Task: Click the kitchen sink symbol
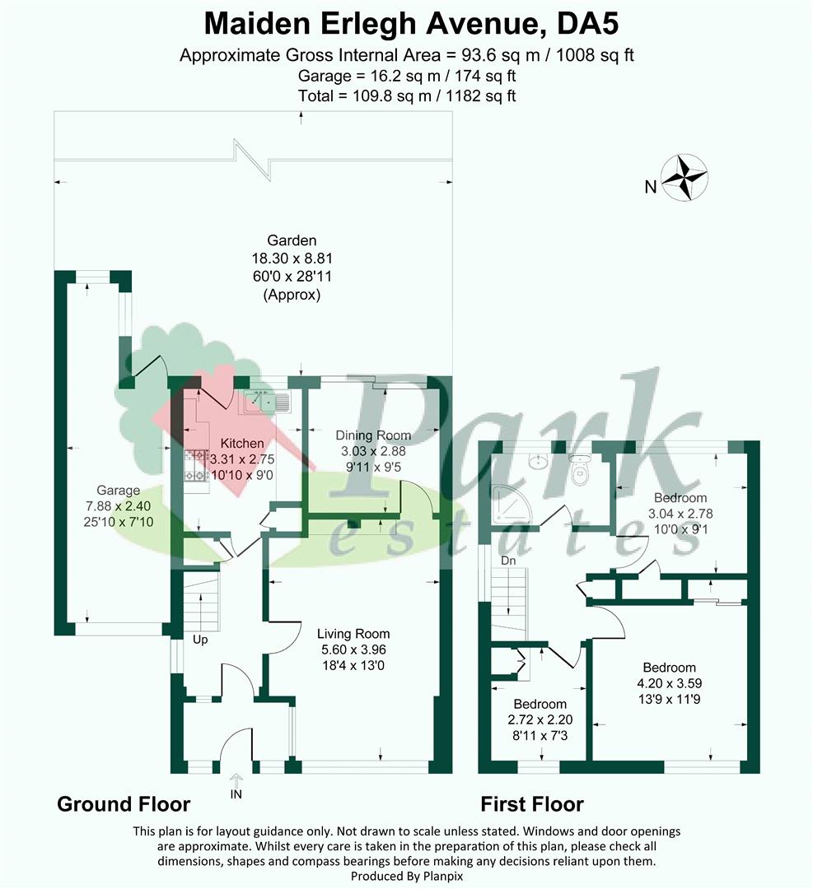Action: [x=264, y=402]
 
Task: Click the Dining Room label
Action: [x=373, y=435]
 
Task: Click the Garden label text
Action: [x=291, y=240]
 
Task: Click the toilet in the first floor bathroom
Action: [x=582, y=470]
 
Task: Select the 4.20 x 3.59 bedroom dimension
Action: [x=669, y=683]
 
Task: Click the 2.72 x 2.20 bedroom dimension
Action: [x=540, y=719]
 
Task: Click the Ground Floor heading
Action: [x=123, y=804]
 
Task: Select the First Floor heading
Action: [x=532, y=804]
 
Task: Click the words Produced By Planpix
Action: [x=406, y=876]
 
